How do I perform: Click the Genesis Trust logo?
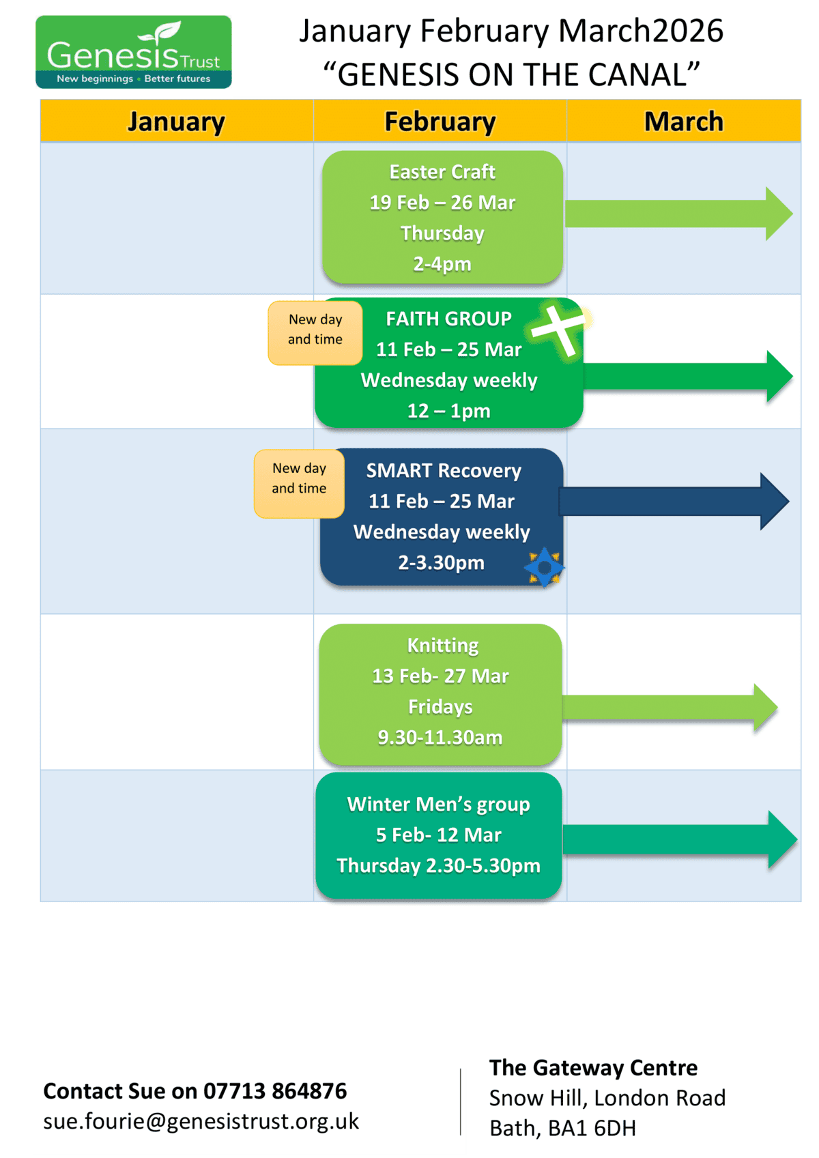coord(134,53)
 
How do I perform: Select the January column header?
coord(176,121)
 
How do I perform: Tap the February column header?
coord(440,121)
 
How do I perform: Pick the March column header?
coord(683,121)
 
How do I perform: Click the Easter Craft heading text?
coord(442,172)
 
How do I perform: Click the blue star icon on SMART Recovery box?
coord(545,567)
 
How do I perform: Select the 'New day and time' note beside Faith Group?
coord(315,332)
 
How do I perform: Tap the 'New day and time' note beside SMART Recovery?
coord(299,482)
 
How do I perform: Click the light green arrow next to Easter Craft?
coord(678,214)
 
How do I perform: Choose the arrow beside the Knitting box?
coord(669,708)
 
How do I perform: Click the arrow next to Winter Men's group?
coord(679,839)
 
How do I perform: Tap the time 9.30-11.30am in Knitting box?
coord(440,738)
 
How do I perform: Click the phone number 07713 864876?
coord(275,1091)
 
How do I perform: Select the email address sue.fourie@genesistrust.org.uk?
coord(201,1121)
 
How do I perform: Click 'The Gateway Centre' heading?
coord(593,1067)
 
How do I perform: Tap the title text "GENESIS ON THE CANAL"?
coord(512,75)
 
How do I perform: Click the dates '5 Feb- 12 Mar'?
coord(439,835)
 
